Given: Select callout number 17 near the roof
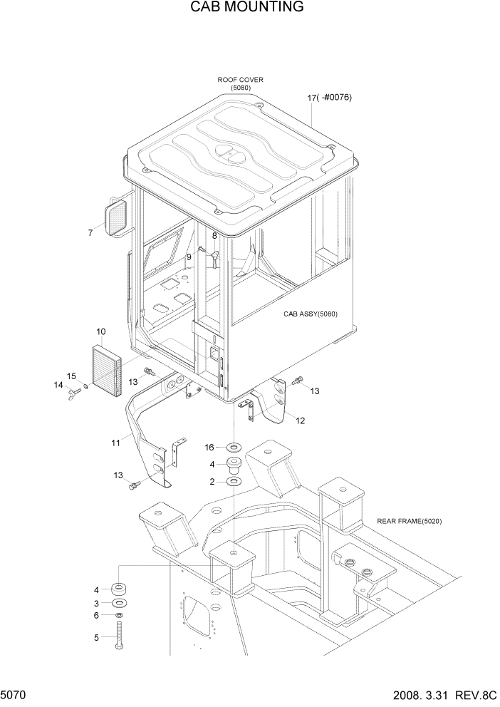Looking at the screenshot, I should click(x=312, y=98).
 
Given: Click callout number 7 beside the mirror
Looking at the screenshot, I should click(x=90, y=233).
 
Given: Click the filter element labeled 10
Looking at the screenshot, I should click(x=108, y=363).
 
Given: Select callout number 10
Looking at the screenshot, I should click(x=101, y=331).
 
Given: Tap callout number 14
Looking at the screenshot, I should click(x=58, y=385).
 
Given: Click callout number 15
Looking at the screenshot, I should click(x=71, y=376).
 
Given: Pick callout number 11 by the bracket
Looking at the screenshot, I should click(x=115, y=443).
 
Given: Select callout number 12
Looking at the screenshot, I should click(x=301, y=420).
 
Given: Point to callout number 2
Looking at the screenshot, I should click(x=212, y=482).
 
